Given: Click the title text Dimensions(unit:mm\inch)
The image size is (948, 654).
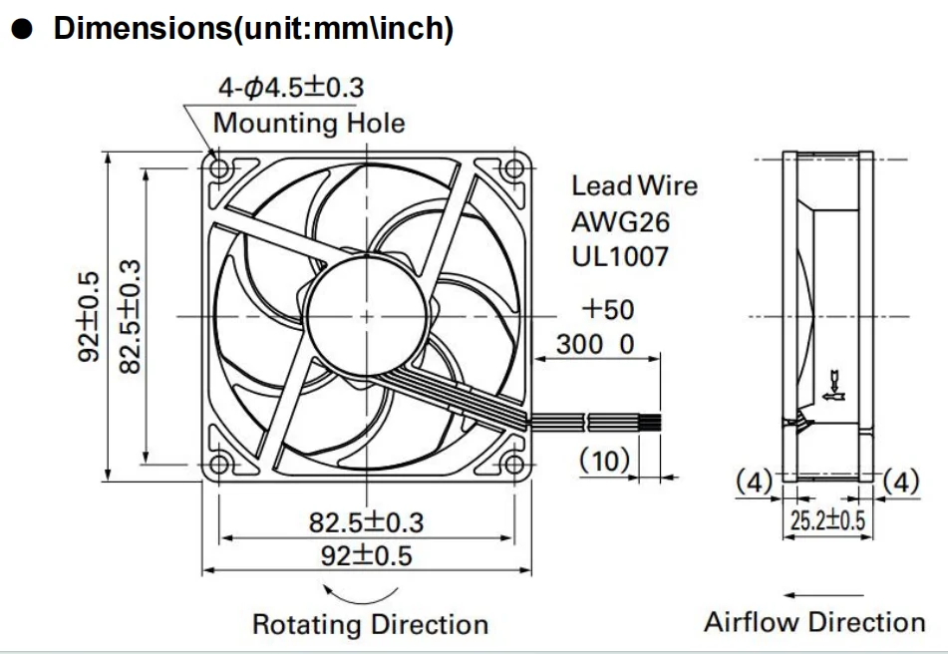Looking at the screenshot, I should (x=253, y=29).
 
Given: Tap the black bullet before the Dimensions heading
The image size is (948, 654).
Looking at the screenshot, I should (x=22, y=30).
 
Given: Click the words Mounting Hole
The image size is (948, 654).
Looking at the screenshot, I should (x=309, y=124).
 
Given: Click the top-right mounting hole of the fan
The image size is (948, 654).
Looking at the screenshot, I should (x=511, y=168).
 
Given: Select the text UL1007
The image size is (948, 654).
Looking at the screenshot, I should (x=620, y=256).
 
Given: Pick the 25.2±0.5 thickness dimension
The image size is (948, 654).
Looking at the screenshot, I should (x=826, y=520).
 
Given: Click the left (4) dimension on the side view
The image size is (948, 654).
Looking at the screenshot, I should (x=755, y=483).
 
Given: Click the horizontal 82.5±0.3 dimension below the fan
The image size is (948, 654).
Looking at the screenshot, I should (x=366, y=521).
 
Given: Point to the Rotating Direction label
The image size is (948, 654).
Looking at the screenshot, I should (x=370, y=625).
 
